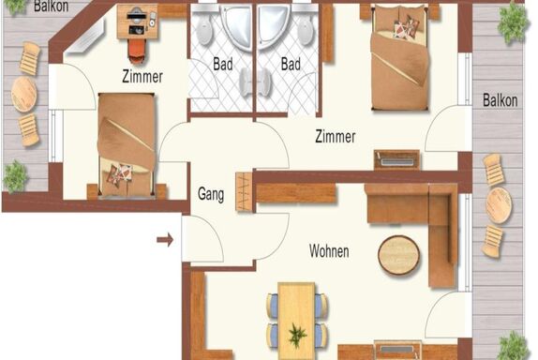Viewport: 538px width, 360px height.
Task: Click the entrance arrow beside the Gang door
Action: [x=165, y=240]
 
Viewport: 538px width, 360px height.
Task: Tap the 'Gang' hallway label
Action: [x=211, y=194]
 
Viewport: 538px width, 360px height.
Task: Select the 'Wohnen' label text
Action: [x=329, y=251]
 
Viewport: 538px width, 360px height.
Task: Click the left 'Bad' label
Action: [x=223, y=64]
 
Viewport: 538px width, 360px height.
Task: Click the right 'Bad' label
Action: [x=291, y=64]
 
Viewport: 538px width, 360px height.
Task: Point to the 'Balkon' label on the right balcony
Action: [x=500, y=100]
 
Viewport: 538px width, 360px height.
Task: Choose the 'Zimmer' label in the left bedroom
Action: [x=142, y=76]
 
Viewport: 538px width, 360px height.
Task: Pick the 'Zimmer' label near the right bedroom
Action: [x=336, y=136]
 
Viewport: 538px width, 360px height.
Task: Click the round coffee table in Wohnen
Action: [x=398, y=255]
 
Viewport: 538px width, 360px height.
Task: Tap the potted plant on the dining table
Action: [x=297, y=335]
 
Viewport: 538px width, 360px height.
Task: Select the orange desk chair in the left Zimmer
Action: [x=137, y=51]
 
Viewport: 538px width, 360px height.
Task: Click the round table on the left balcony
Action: [x=23, y=94]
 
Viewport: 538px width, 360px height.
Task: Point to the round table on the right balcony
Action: [x=499, y=205]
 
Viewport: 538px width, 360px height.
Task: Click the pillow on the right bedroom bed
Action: [x=407, y=25]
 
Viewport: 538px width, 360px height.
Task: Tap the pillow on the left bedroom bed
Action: [x=119, y=174]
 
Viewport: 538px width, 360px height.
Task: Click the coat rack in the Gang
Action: [x=245, y=191]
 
